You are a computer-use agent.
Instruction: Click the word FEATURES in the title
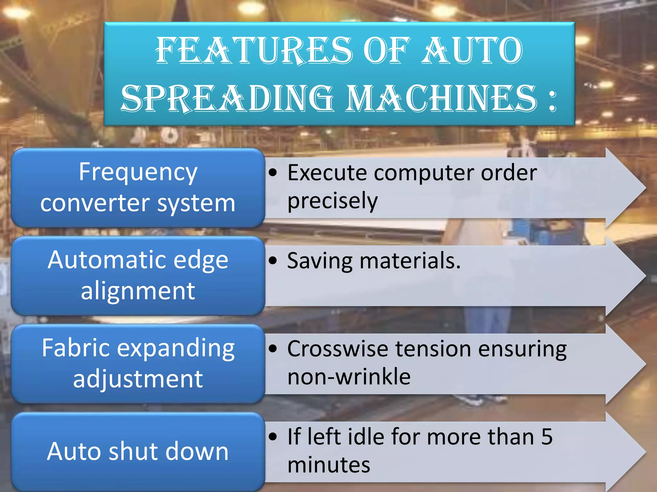click(x=253, y=50)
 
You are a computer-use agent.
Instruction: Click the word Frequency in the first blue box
click(x=138, y=172)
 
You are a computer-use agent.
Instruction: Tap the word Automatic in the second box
click(x=106, y=260)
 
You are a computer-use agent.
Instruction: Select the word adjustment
click(x=138, y=379)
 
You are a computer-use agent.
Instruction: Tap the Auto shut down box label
click(x=138, y=451)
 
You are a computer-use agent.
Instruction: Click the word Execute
click(x=327, y=173)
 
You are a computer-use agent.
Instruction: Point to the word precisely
click(x=332, y=201)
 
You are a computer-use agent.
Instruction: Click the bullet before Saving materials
click(x=273, y=261)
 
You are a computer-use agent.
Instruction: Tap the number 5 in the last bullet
click(x=547, y=437)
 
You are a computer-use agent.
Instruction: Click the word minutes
click(x=329, y=465)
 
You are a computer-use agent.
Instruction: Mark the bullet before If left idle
click(x=273, y=437)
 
